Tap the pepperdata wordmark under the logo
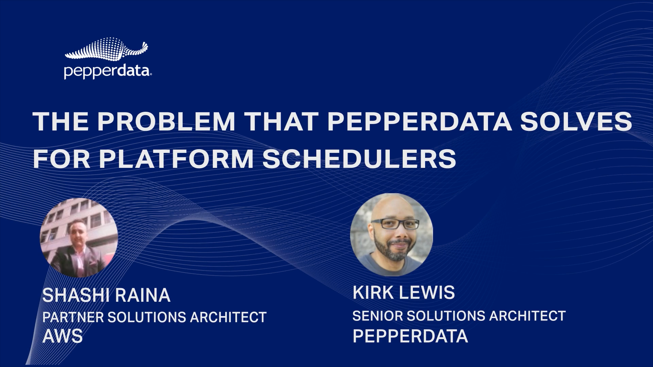107,72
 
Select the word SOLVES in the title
576,121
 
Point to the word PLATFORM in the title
177,158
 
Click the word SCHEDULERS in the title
359,158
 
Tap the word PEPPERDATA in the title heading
419,121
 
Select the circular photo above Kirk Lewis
391,234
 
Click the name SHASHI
72,295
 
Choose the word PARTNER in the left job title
73,317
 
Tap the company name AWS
63,336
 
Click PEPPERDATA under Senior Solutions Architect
410,336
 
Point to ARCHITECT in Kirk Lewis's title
527,316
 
